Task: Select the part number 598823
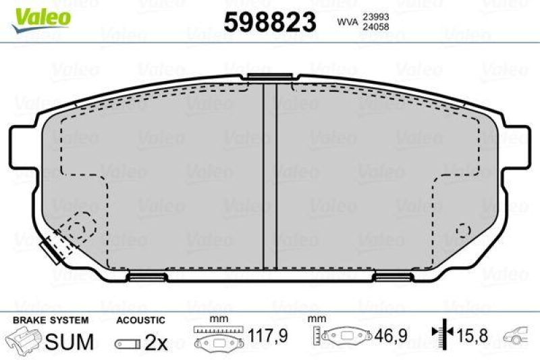[269, 22]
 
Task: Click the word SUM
[69, 342]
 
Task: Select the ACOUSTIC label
[140, 319]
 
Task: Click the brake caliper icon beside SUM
[24, 340]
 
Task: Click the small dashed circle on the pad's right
[463, 230]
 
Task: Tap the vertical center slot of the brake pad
[269, 176]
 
